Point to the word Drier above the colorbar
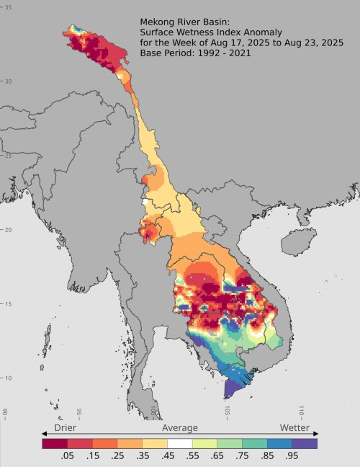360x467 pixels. click(x=67, y=428)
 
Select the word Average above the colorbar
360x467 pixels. click(x=179, y=428)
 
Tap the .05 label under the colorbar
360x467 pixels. click(x=68, y=456)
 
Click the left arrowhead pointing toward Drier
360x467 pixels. click(x=45, y=434)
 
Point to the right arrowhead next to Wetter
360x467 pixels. click(x=315, y=434)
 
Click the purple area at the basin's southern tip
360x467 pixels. click(x=233, y=388)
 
